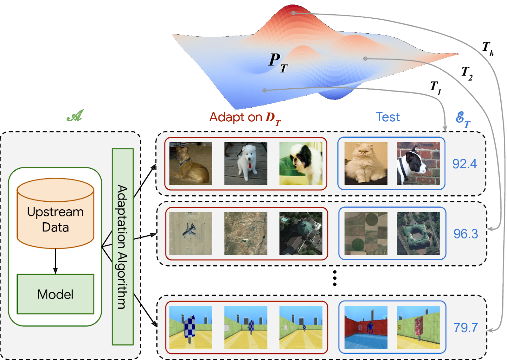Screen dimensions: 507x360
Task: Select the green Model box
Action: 55,294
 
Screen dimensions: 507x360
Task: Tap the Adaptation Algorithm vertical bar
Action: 123,247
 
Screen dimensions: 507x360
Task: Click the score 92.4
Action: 465,164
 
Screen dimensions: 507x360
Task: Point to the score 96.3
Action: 465,234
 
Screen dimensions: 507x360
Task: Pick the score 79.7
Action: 465,327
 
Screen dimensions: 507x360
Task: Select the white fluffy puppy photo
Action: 246,163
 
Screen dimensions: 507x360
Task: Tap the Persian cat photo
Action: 366,163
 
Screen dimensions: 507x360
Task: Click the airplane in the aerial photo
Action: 189,230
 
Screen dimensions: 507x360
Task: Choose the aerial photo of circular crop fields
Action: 366,233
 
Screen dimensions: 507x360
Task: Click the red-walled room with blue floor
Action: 366,327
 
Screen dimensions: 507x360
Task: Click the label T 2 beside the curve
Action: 467,73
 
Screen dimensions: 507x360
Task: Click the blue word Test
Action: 388,117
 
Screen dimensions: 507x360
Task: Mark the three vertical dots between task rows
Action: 335,278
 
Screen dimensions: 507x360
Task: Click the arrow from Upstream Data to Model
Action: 55,262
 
